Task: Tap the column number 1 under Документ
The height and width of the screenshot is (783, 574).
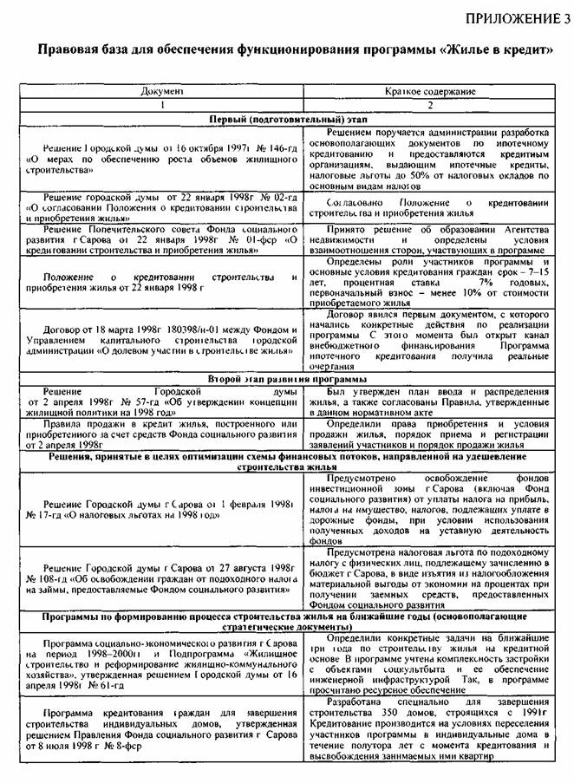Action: [160, 103]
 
